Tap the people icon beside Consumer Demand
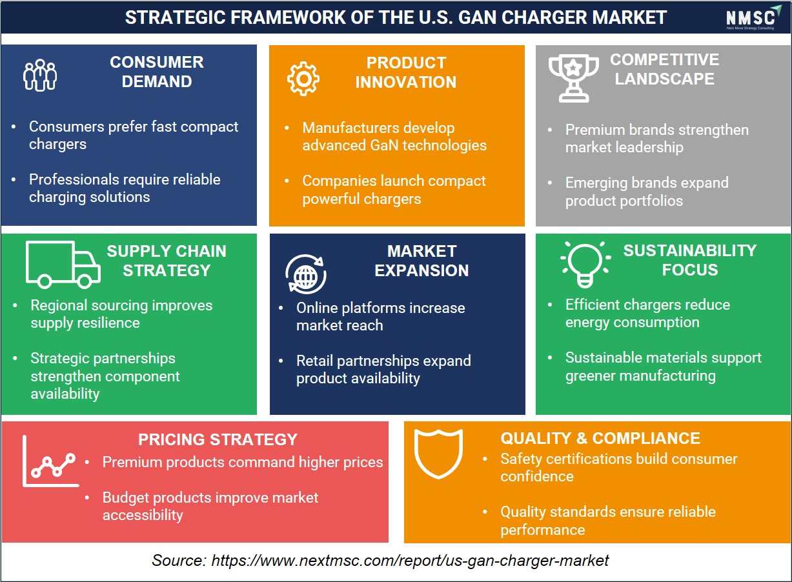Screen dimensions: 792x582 40,75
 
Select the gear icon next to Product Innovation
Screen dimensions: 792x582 303,79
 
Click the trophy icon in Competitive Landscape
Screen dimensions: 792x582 573,79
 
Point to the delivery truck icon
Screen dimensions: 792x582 63,265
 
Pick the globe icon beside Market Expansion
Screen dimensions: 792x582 306,274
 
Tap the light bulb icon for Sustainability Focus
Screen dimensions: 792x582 585,265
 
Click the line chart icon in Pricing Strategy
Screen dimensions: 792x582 50,461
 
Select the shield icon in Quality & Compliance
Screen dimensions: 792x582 438,454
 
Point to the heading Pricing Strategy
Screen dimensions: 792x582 218,439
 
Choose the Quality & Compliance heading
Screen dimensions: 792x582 600,438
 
